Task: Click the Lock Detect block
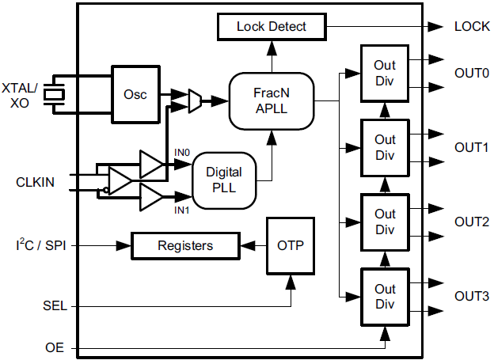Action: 272,27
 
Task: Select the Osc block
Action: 135,93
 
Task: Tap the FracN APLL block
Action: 272,101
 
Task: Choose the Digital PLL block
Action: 224,180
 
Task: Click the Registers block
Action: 184,246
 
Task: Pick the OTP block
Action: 291,245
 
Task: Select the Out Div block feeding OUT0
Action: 385,73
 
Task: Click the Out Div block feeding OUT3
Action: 385,297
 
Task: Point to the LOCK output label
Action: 472,26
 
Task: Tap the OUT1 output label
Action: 471,148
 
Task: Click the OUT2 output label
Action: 471,222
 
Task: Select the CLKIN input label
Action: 36,182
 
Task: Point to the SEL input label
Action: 53,305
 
